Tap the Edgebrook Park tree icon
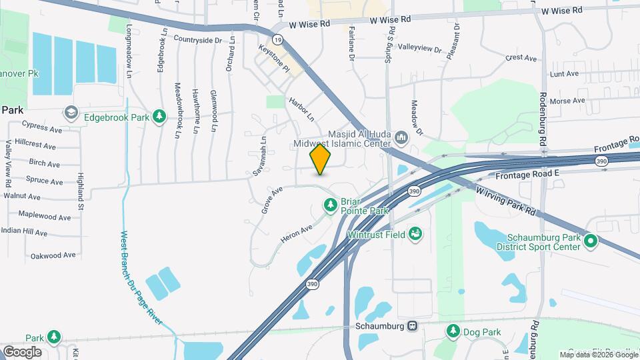point(159,117)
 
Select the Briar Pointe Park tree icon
point(329,205)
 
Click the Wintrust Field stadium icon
point(416,233)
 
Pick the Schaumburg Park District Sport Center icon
point(589,241)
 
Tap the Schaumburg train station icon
point(413,326)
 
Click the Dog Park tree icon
point(453,331)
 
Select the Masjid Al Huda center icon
point(401,138)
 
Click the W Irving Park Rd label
point(507,199)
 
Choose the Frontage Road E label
point(527,175)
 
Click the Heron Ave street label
point(297,233)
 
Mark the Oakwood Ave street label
point(53,255)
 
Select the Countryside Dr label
point(197,40)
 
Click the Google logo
point(22,351)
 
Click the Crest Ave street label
point(521,58)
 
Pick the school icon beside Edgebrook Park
point(70,112)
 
